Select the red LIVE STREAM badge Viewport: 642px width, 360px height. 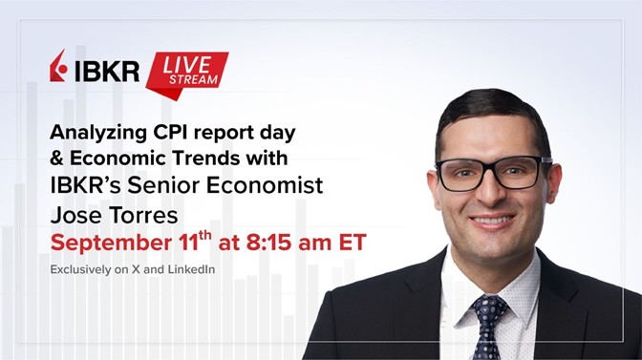[x=187, y=69]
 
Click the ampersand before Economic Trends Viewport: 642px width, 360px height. [x=56, y=157]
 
